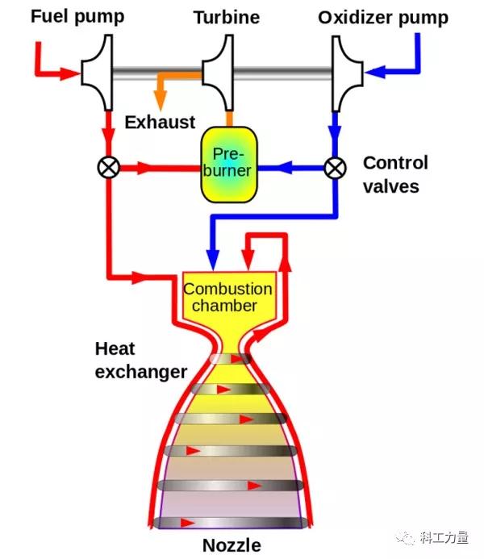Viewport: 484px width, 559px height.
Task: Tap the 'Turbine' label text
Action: pyautogui.click(x=227, y=17)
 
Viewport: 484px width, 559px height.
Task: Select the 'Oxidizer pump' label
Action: pyautogui.click(x=382, y=17)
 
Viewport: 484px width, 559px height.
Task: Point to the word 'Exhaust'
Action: pyautogui.click(x=160, y=123)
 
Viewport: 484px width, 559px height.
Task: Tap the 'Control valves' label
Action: pyautogui.click(x=394, y=174)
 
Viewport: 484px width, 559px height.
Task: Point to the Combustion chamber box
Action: pyautogui.click(x=228, y=297)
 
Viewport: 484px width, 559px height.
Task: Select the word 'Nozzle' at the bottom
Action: pyautogui.click(x=232, y=544)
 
